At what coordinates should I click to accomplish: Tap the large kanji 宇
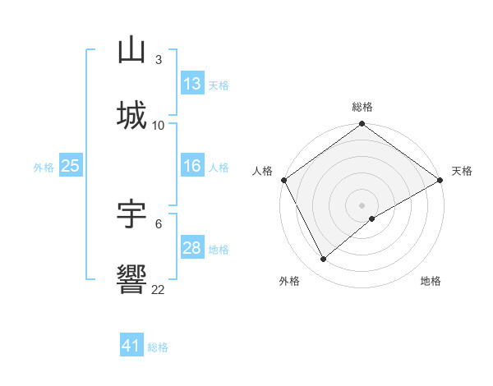pyautogui.click(x=132, y=214)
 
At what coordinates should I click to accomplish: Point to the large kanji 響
pyautogui.click(x=132, y=280)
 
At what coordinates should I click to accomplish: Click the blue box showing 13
pyautogui.click(x=192, y=83)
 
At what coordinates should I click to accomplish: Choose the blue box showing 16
pyautogui.click(x=192, y=166)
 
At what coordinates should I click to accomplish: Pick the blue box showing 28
pyautogui.click(x=192, y=248)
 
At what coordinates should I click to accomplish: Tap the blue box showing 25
pyautogui.click(x=70, y=166)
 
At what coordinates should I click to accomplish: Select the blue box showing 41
pyautogui.click(x=131, y=346)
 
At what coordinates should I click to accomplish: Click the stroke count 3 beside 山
pyautogui.click(x=158, y=59)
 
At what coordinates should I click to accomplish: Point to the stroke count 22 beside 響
pyautogui.click(x=158, y=289)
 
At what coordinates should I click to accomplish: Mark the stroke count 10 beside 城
pyautogui.click(x=158, y=125)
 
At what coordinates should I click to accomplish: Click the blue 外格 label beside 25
pyautogui.click(x=43, y=167)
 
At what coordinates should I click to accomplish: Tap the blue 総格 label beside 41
pyautogui.click(x=158, y=347)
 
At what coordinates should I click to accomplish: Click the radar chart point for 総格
pyautogui.click(x=362, y=125)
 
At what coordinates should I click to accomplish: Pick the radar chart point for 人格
pyautogui.click(x=283, y=180)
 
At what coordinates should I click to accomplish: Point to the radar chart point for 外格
pyautogui.click(x=324, y=260)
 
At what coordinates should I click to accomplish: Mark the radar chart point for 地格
pyautogui.click(x=372, y=218)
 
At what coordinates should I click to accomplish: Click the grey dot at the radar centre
pyautogui.click(x=362, y=204)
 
